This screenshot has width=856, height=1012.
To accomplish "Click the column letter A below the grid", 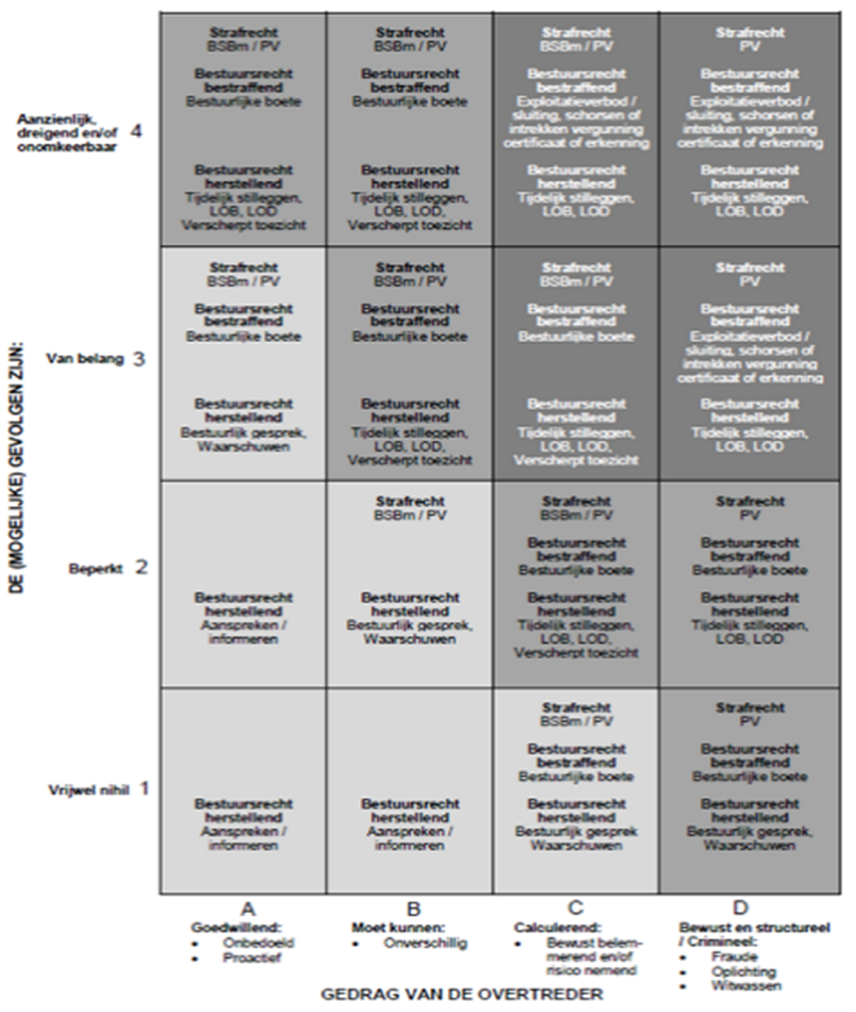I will (247, 908).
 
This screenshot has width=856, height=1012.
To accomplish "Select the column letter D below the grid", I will (740, 908).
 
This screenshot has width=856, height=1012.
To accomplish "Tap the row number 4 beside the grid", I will (136, 131).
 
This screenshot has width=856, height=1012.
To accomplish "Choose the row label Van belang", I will (85, 359).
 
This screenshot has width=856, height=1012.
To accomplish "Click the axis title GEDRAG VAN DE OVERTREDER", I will (461, 994).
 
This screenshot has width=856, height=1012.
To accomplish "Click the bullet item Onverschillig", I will (422, 941).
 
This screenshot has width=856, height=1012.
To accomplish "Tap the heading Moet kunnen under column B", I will (385, 926).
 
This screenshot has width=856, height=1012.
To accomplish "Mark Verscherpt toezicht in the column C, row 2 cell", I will (575, 652).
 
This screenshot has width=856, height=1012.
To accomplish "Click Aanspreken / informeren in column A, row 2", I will (244, 631).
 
